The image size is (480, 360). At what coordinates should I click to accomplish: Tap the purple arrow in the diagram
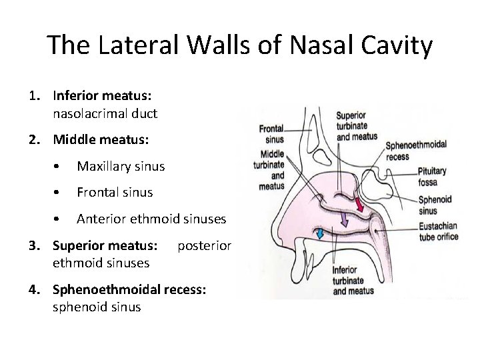(344, 219)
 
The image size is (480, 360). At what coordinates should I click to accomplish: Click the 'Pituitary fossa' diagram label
(433, 176)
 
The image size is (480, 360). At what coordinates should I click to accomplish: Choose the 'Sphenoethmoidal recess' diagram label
(417, 149)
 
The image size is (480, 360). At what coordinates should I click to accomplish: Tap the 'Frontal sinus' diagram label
(271, 134)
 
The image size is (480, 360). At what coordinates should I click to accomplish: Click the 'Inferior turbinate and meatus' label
(353, 280)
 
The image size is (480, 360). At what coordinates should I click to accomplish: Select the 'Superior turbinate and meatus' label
(357, 126)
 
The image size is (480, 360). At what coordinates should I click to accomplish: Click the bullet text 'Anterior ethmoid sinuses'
(151, 219)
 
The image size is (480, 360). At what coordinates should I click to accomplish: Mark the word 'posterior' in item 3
(204, 246)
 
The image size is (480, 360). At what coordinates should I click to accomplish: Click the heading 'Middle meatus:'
(101, 140)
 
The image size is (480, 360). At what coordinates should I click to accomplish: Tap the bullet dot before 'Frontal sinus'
(61, 193)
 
